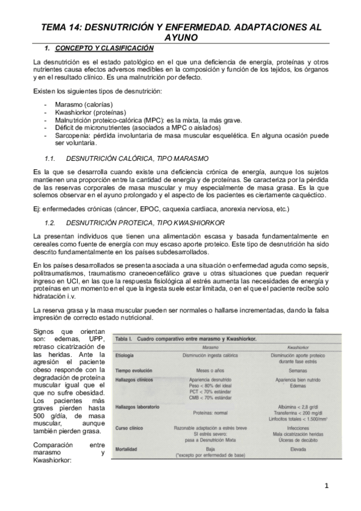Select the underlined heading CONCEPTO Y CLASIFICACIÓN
click(x=104, y=48)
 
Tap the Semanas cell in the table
click(x=298, y=370)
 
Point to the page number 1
click(x=327, y=485)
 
